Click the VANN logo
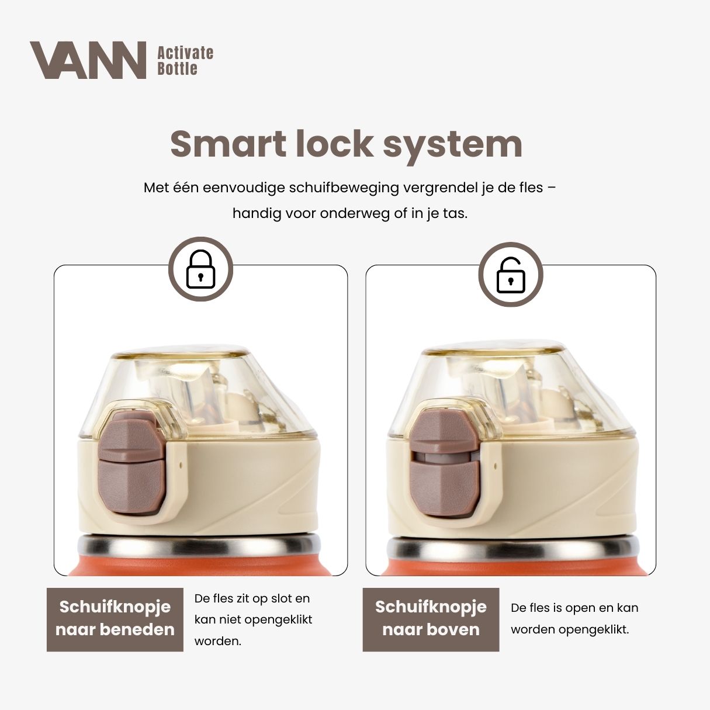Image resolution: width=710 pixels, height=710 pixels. tap(88, 60)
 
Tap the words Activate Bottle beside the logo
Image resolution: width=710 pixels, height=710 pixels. tap(185, 61)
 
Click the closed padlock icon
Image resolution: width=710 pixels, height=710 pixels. tap(200, 269)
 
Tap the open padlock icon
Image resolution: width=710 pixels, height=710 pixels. tap(510, 275)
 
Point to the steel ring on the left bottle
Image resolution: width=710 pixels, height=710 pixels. tap(199, 546)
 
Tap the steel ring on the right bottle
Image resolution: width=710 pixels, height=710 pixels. tap(508, 549)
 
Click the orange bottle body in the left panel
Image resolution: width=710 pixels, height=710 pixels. tap(199, 567)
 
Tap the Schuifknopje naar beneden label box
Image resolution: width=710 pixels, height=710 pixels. tap(115, 619)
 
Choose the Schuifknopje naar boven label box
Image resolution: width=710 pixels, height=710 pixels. tap(431, 619)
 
